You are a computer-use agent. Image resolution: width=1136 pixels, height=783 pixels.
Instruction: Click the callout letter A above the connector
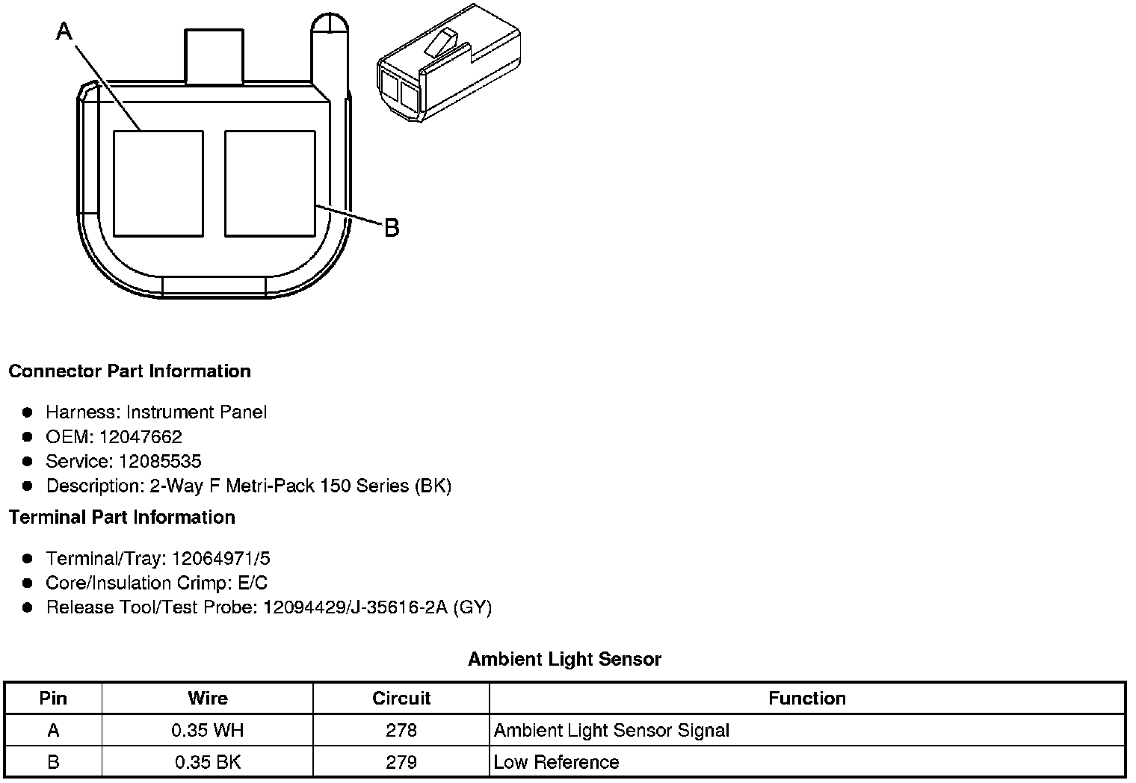click(65, 31)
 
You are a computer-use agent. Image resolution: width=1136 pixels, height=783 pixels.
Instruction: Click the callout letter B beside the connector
click(392, 227)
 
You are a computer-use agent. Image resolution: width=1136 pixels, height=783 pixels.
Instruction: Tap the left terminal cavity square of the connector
click(158, 183)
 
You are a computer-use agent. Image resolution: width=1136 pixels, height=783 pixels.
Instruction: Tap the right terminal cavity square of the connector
click(270, 183)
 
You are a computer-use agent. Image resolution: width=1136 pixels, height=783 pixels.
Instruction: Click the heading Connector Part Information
click(129, 371)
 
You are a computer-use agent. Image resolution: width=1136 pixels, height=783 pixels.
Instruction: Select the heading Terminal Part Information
click(122, 517)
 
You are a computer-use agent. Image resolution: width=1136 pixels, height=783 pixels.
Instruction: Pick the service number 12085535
click(160, 461)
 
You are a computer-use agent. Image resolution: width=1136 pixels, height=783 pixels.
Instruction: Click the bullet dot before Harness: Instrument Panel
click(28, 412)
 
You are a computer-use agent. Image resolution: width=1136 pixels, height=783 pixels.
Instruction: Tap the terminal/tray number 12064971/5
click(221, 558)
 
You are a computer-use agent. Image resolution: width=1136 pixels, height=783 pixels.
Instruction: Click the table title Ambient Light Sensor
click(564, 659)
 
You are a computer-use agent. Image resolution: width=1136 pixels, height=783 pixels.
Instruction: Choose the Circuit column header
click(401, 699)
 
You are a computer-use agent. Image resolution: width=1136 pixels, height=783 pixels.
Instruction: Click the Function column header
click(807, 699)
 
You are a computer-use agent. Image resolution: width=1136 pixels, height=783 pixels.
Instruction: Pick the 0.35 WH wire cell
click(207, 730)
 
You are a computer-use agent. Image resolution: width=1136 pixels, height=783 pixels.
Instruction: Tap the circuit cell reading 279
click(401, 762)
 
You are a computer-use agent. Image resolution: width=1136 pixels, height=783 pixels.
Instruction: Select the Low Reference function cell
click(556, 762)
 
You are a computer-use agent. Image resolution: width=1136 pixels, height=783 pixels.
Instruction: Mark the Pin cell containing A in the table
click(53, 730)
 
